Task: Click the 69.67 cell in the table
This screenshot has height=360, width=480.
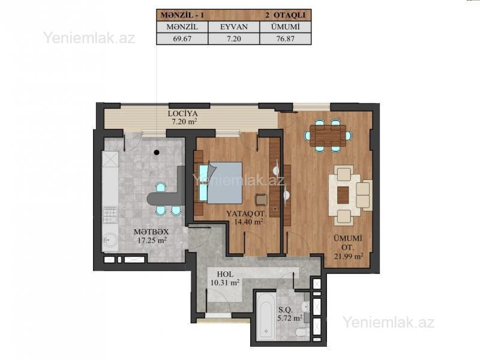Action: [182, 39]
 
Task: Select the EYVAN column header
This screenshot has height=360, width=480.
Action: [234, 27]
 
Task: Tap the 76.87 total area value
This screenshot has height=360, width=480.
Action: [286, 39]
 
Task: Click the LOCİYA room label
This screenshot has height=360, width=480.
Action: [183, 113]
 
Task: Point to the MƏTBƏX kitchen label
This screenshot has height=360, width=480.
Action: [151, 232]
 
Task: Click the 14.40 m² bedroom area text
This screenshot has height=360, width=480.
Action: [248, 221]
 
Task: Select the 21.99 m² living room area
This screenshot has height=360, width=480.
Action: [349, 256]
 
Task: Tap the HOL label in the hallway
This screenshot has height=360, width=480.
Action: [225, 274]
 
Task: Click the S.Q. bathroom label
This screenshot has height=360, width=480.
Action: [286, 310]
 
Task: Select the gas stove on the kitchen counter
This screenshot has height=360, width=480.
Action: [110, 215]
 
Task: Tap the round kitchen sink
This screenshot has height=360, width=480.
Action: [110, 239]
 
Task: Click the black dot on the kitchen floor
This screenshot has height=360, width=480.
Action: [157, 152]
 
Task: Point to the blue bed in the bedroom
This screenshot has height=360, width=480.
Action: [221, 183]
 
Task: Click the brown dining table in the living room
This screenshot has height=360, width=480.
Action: [328, 136]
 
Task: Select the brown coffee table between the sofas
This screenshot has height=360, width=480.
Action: [343, 195]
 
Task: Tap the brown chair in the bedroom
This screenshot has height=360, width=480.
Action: [261, 200]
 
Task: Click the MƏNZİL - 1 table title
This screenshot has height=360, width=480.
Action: [182, 15]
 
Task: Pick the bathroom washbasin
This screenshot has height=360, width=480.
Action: [306, 306]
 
